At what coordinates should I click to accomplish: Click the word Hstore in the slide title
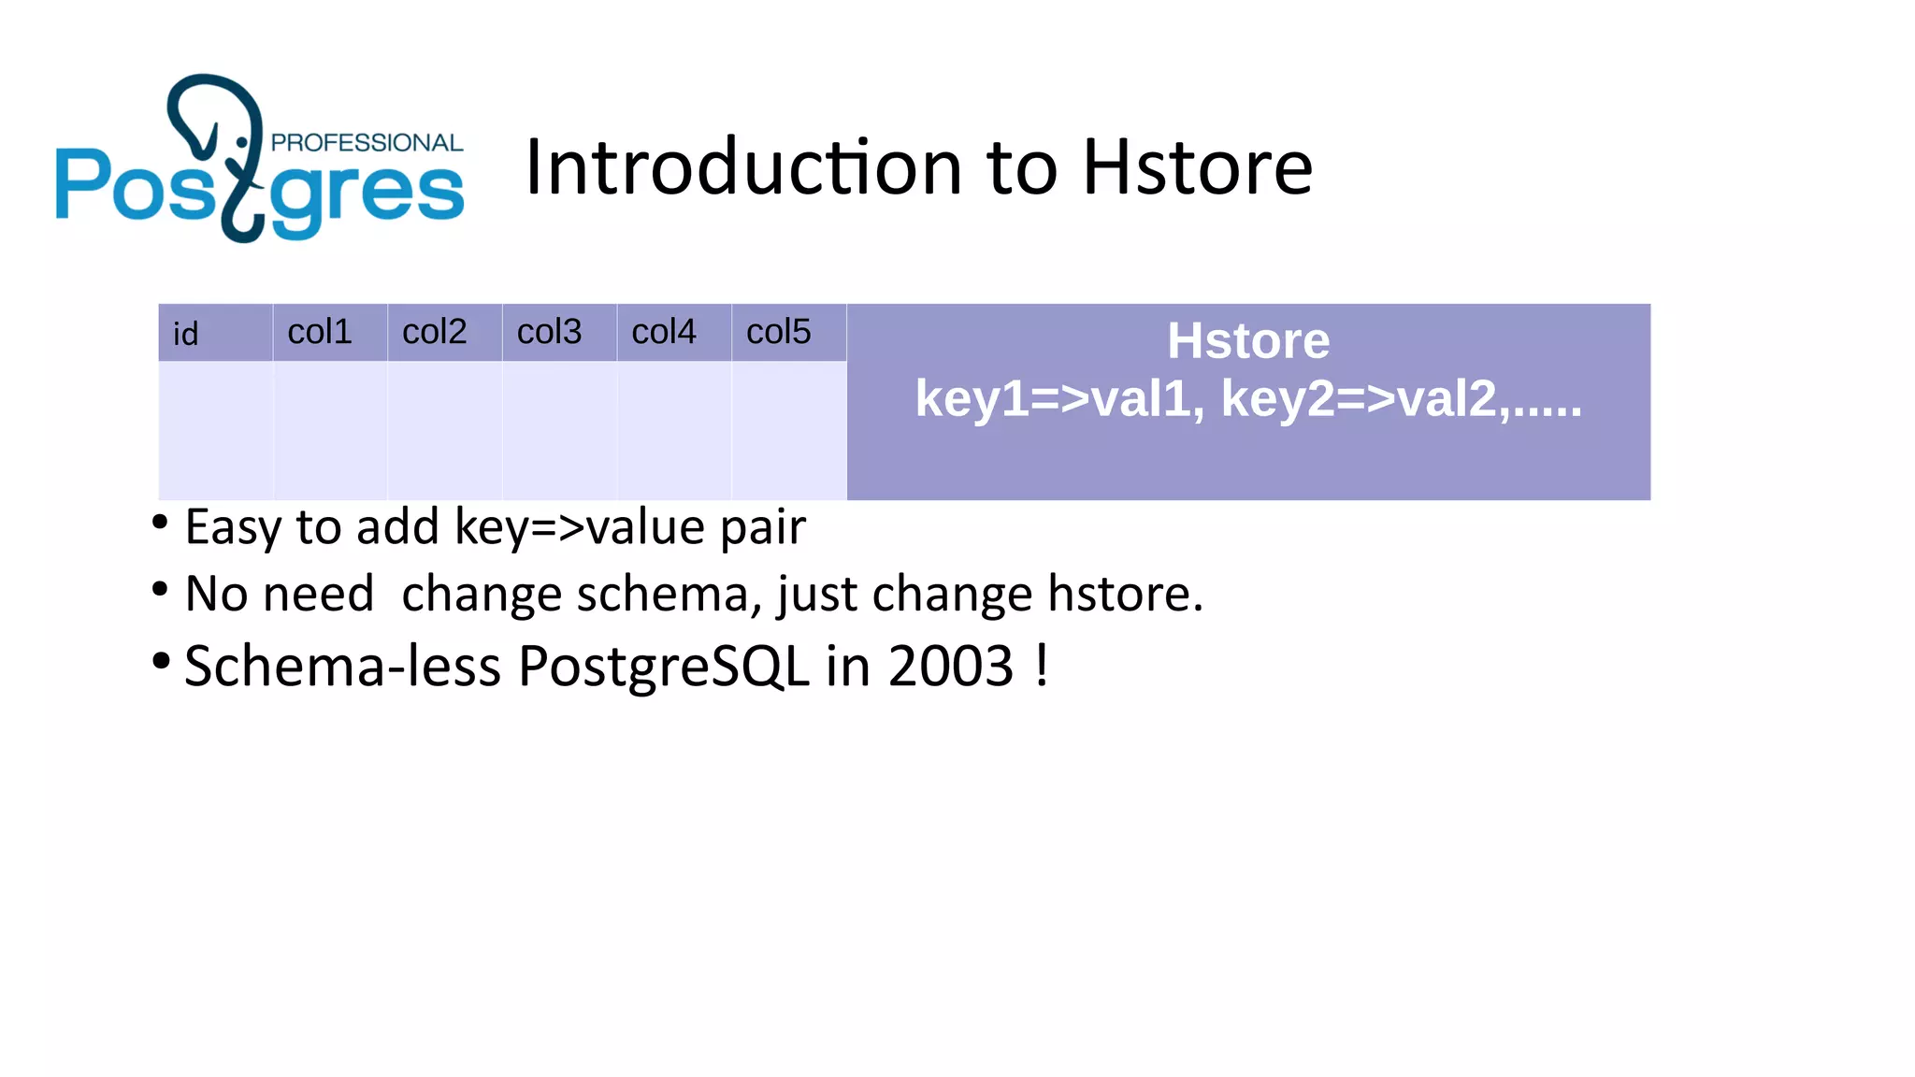click(x=1197, y=167)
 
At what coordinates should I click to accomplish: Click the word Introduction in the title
click(x=743, y=167)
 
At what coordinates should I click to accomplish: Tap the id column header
click(x=186, y=334)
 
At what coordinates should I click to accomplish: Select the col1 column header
click(x=320, y=332)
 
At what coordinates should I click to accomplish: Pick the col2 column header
click(x=435, y=332)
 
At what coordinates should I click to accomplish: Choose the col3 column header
click(x=550, y=332)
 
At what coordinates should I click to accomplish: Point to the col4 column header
click(x=664, y=332)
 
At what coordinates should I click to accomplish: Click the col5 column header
click(x=779, y=332)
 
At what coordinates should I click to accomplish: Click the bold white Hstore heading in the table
click(x=1248, y=340)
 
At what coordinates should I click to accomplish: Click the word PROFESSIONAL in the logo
click(x=367, y=142)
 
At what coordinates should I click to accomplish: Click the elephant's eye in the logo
click(x=242, y=142)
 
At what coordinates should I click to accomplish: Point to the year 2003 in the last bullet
click(x=951, y=667)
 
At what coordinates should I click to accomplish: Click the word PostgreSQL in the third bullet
click(x=664, y=667)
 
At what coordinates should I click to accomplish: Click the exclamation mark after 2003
click(x=1042, y=665)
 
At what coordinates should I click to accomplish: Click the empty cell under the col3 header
click(x=559, y=430)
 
